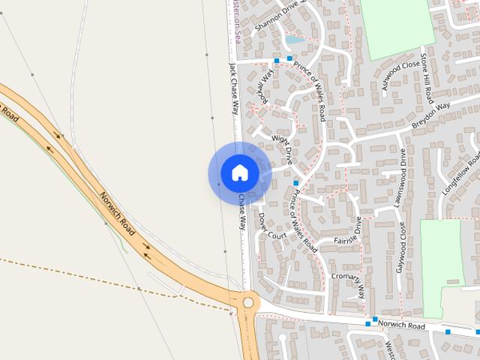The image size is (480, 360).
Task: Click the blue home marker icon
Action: click(x=239, y=172)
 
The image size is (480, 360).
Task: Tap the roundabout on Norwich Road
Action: click(x=247, y=302)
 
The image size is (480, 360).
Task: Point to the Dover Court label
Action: click(x=272, y=226)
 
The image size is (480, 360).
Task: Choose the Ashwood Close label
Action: click(x=400, y=76)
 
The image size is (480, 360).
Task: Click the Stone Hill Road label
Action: click(x=425, y=78)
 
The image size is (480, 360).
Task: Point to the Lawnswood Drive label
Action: click(x=400, y=177)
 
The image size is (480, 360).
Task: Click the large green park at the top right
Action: click(x=397, y=28)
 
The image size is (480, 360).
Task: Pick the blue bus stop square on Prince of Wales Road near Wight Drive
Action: click(x=296, y=183)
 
